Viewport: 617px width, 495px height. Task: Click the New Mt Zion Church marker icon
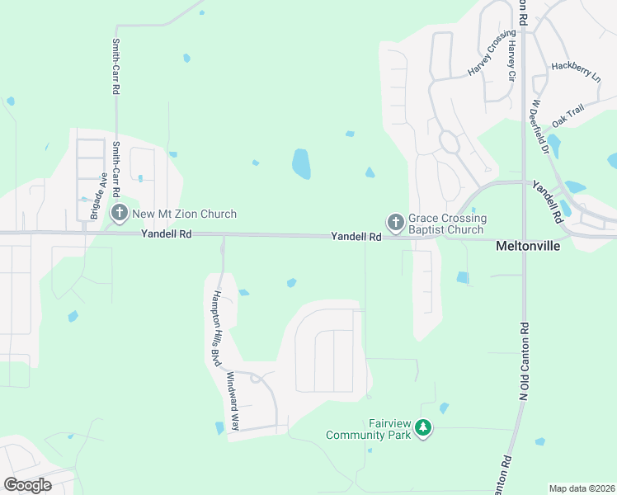(119, 214)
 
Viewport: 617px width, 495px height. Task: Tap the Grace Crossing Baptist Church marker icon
(395, 223)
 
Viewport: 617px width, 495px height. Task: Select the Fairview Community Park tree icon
(423, 428)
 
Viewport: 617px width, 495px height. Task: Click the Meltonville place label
(528, 246)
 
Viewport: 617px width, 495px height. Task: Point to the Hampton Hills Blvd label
(218, 328)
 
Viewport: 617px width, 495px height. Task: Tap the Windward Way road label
(233, 401)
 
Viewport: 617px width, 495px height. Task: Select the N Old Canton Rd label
(523, 362)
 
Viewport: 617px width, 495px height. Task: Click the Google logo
(27, 484)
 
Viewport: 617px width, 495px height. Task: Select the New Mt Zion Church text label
(185, 214)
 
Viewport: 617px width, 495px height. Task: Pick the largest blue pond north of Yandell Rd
(301, 164)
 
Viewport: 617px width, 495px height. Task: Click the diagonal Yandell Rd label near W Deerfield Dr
(547, 202)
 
